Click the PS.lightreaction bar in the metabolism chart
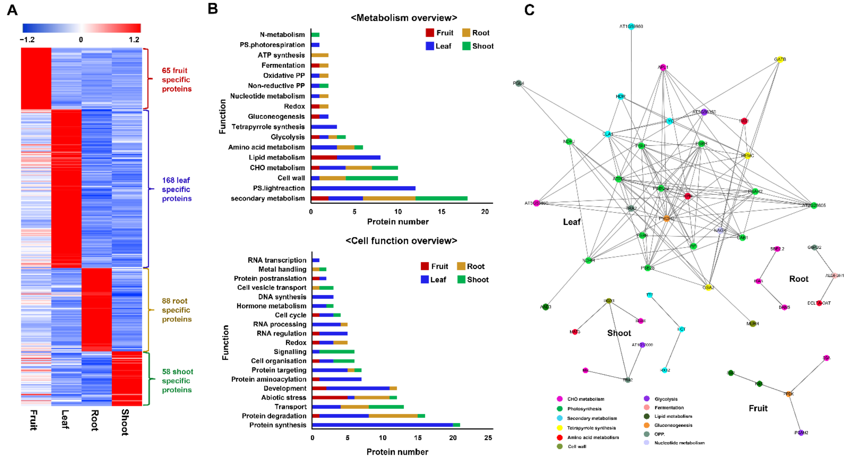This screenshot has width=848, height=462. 363,188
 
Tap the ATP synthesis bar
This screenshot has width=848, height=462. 320,55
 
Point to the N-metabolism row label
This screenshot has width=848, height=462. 282,35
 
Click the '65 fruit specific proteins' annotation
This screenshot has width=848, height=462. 176,80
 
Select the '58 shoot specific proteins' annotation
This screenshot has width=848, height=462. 177,381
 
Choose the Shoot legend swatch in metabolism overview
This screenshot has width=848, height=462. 466,46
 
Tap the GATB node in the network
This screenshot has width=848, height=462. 779,60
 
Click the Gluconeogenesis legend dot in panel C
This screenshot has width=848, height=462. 647,425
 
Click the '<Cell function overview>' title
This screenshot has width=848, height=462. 401,241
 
